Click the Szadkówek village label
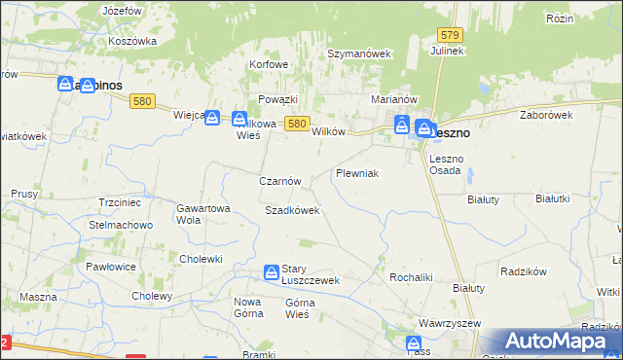[x=292, y=210]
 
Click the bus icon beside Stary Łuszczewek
[x=272, y=271]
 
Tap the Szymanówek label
[x=358, y=54]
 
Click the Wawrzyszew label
[x=451, y=323]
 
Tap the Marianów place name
[x=394, y=99]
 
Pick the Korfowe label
[x=270, y=65]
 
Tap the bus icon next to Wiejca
[x=212, y=117]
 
